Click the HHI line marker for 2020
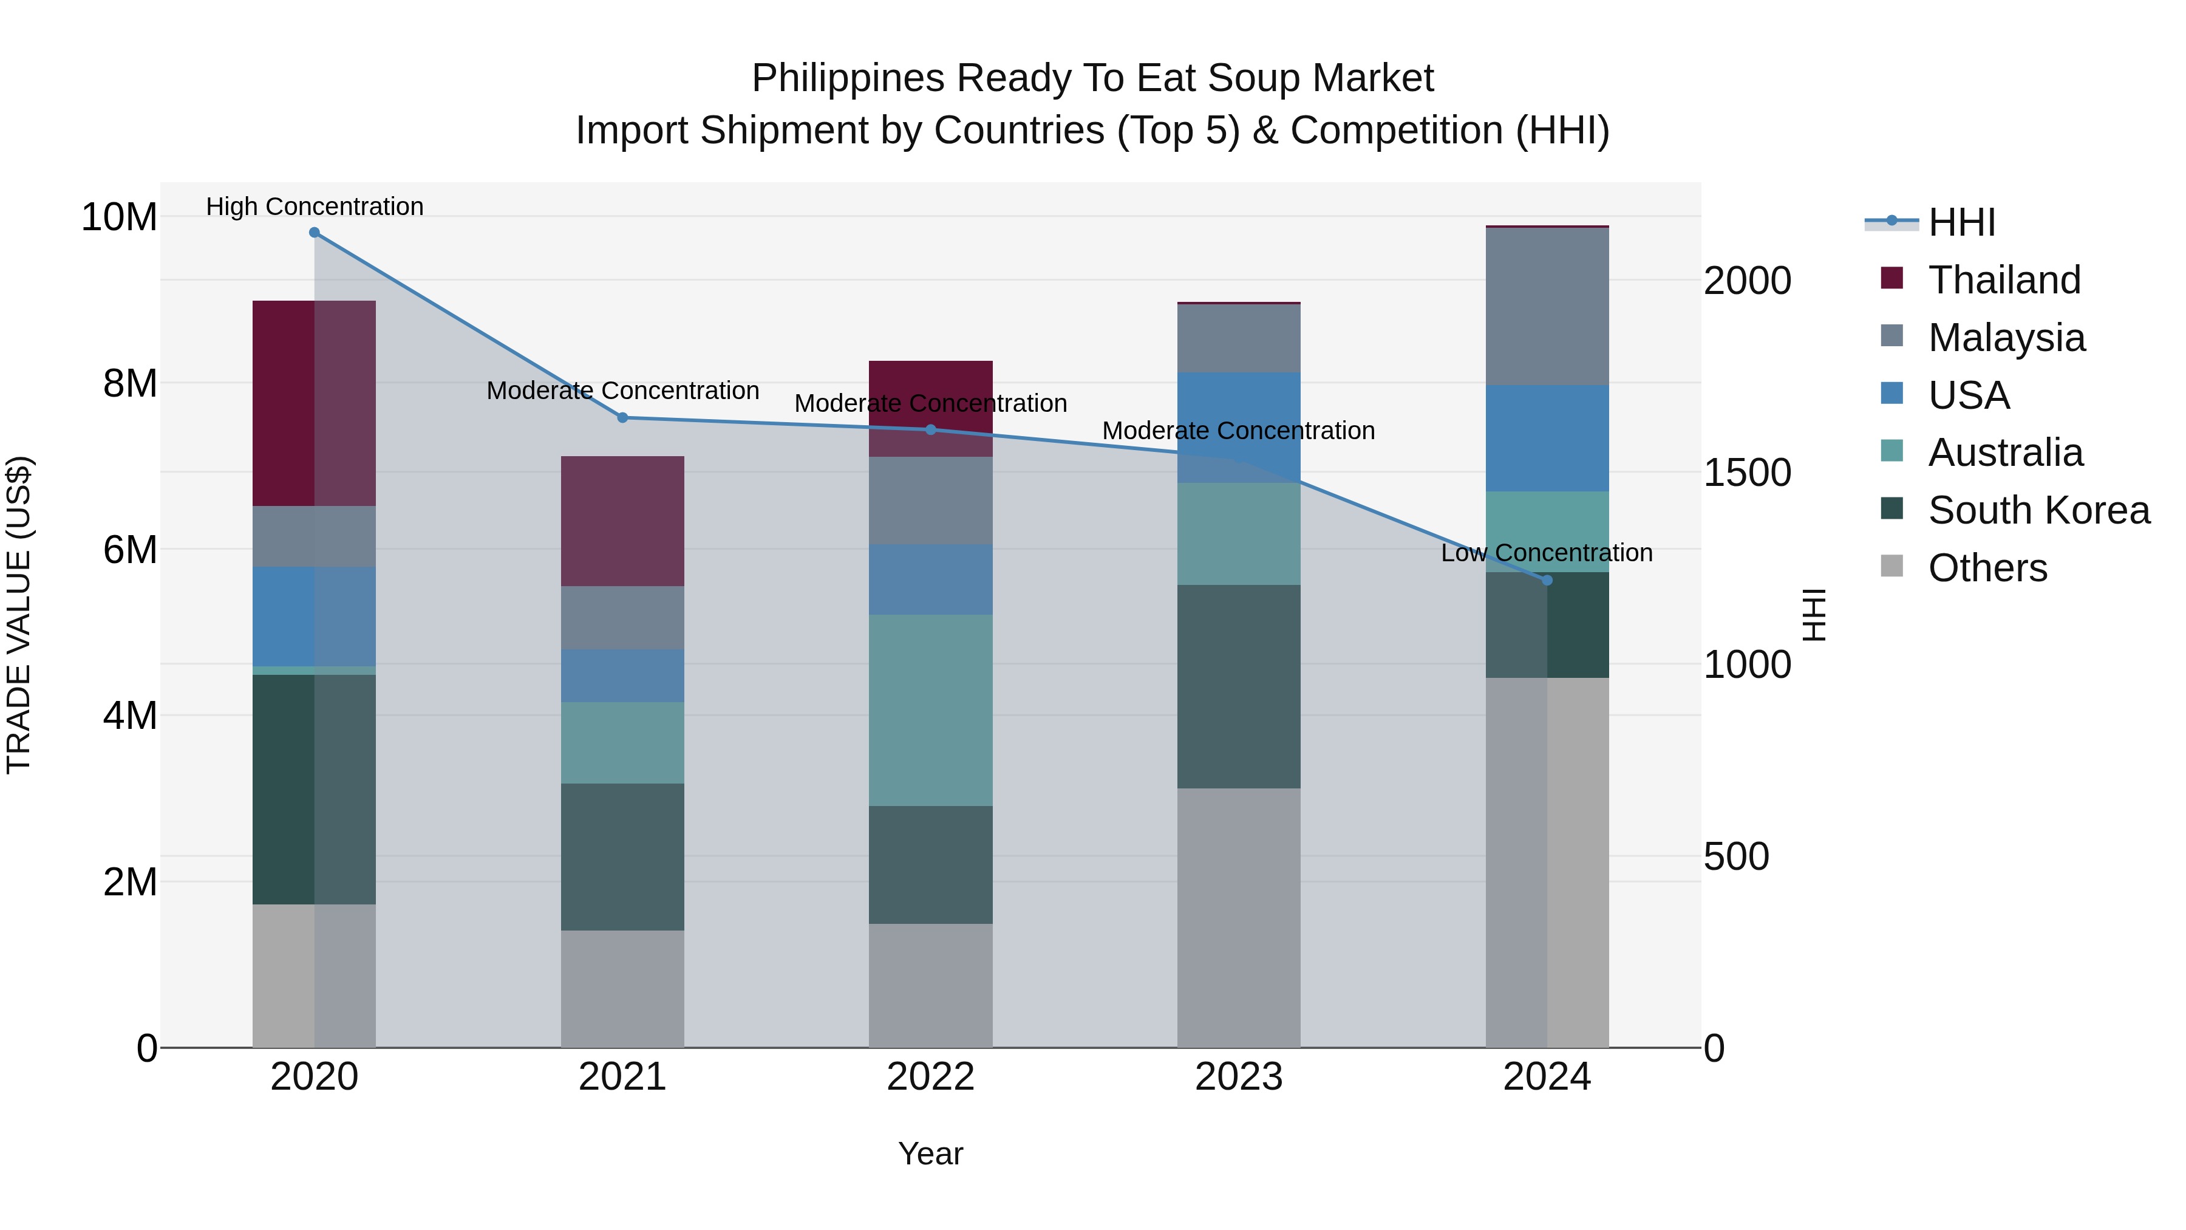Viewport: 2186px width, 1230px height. pyautogui.click(x=314, y=233)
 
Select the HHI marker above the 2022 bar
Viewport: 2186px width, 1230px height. pyautogui.click(x=930, y=429)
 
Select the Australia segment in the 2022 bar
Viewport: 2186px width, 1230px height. pyautogui.click(x=930, y=711)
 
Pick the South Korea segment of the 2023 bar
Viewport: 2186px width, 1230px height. pyautogui.click(x=1238, y=687)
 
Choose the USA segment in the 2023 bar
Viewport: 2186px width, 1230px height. pyautogui.click(x=1238, y=428)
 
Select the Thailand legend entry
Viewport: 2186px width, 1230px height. pyautogui.click(x=2004, y=280)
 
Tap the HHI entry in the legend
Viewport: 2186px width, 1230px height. pyautogui.click(x=1961, y=222)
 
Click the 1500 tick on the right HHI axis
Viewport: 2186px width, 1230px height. pyautogui.click(x=1747, y=473)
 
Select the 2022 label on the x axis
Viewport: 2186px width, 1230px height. pyautogui.click(x=930, y=1077)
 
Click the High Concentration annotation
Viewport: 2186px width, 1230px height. pyautogui.click(x=314, y=207)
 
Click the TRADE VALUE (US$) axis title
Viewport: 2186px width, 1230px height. pyautogui.click(x=19, y=615)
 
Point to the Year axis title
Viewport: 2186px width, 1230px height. pyautogui.click(x=930, y=1153)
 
